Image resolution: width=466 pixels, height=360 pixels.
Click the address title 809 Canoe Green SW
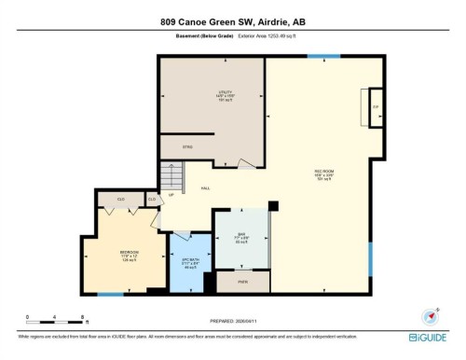coord(232,21)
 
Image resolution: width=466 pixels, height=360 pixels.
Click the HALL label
coord(205,188)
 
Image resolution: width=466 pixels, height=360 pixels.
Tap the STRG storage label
coord(174,146)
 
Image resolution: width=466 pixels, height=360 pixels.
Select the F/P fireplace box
coord(376,106)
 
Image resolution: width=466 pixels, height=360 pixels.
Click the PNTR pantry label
coord(242,281)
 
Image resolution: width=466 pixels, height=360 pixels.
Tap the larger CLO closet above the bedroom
coord(121,199)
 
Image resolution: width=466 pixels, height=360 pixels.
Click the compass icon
coord(430,316)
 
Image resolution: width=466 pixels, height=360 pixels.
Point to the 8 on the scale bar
coord(85,317)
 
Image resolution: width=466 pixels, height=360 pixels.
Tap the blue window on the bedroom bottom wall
coord(110,295)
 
